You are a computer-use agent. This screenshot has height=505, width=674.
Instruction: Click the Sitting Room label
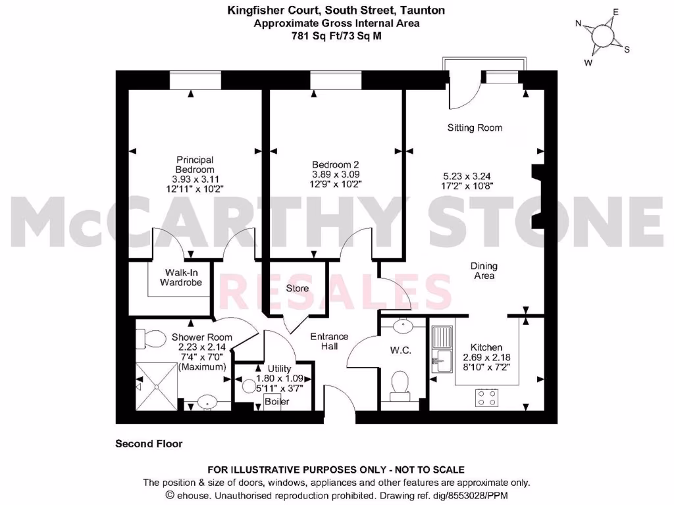click(475, 128)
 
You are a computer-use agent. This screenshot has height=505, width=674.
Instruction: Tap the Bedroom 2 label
click(335, 164)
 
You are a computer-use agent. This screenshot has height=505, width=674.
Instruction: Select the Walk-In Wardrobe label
click(181, 277)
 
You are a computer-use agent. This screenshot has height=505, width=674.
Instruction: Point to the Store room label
click(298, 288)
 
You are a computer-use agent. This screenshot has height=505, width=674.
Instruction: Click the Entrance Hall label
click(329, 341)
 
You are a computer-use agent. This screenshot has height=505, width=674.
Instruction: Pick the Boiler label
click(276, 401)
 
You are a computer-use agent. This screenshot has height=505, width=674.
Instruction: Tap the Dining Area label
click(483, 271)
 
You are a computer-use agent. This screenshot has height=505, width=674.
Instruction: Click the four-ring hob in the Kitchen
click(487, 397)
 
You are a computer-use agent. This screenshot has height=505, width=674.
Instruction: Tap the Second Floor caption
click(149, 444)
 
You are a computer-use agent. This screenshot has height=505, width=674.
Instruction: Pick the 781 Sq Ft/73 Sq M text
click(336, 36)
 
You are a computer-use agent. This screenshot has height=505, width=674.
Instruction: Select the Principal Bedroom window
click(192, 80)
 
